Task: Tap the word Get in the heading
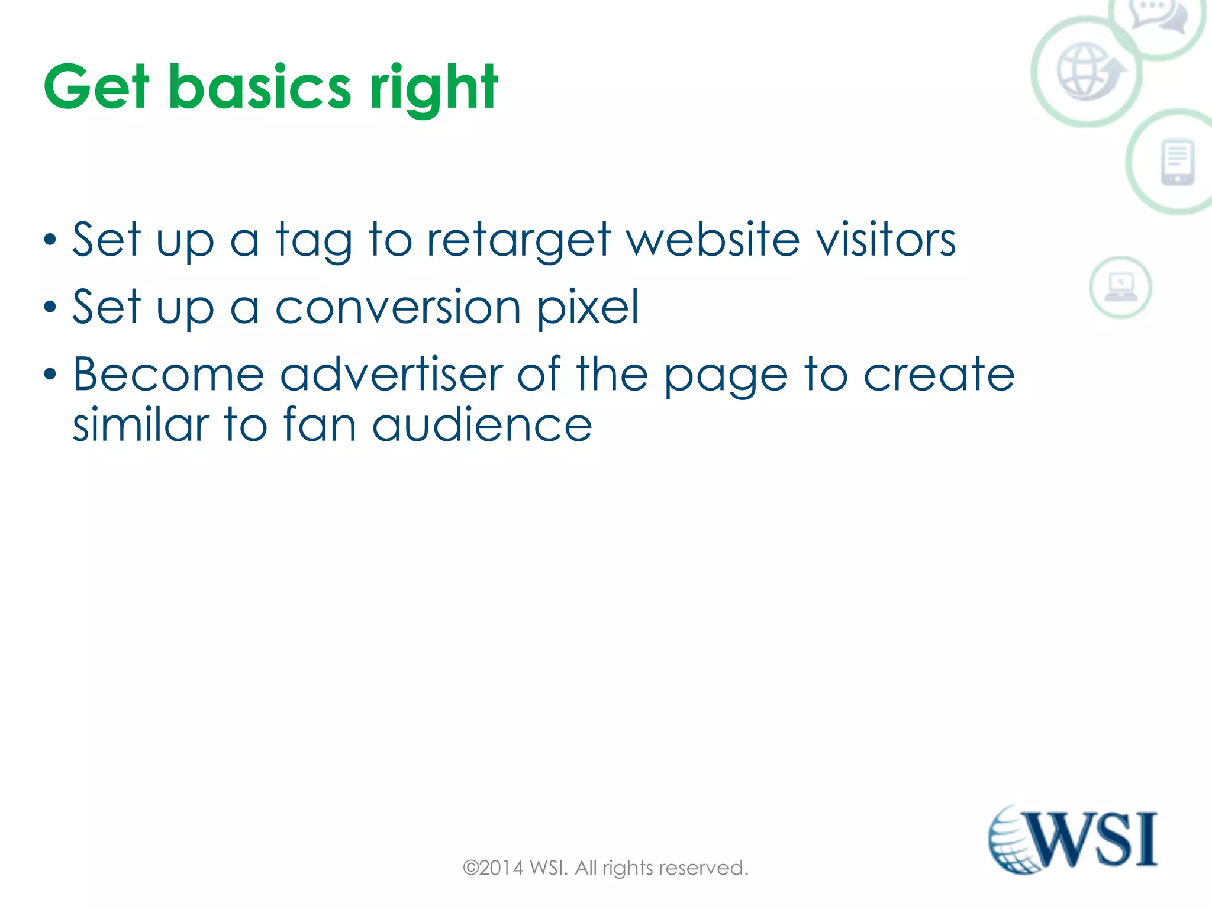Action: pyautogui.click(x=96, y=88)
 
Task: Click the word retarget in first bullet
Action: pyautogui.click(x=518, y=240)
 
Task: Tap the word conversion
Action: pyautogui.click(x=398, y=307)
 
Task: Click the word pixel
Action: pyautogui.click(x=588, y=307)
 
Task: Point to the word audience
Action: pyautogui.click(x=482, y=425)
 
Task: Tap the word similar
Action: pyautogui.click(x=140, y=425)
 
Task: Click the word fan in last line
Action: pyautogui.click(x=320, y=425)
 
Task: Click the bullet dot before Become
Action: pyautogui.click(x=50, y=375)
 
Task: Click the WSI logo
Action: pyautogui.click(x=1072, y=839)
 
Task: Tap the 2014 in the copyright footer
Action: pyautogui.click(x=501, y=868)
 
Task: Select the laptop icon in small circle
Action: pyautogui.click(x=1120, y=288)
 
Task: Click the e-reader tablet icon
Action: pyautogui.click(x=1177, y=162)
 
